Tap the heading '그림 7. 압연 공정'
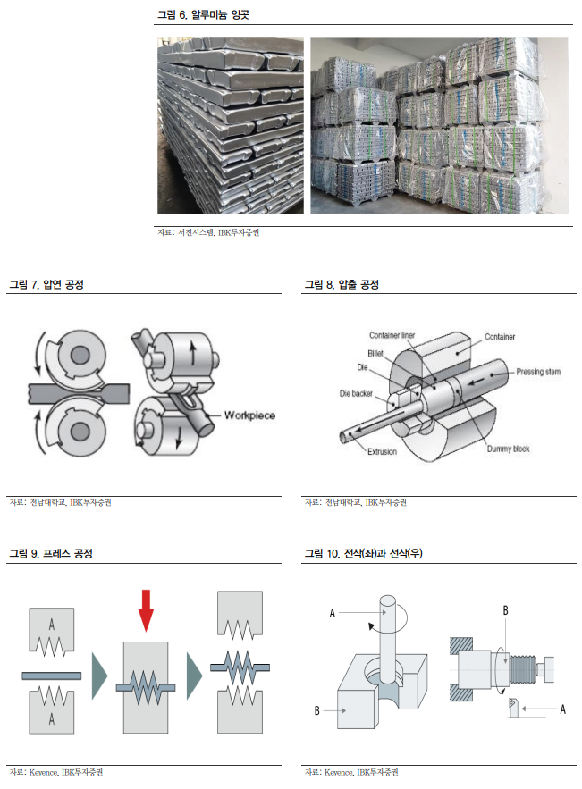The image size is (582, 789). point(52,284)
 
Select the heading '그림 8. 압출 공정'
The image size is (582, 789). point(342,284)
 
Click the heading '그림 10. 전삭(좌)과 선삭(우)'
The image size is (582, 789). point(363,554)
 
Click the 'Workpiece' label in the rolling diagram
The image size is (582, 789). point(249,415)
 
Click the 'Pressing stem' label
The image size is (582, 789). point(538,371)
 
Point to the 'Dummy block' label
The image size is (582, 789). point(508,449)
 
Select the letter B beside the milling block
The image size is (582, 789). point(316,711)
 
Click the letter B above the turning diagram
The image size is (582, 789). point(505,609)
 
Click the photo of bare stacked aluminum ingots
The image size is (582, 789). point(229,125)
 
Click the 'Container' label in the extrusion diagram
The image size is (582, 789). point(500,336)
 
